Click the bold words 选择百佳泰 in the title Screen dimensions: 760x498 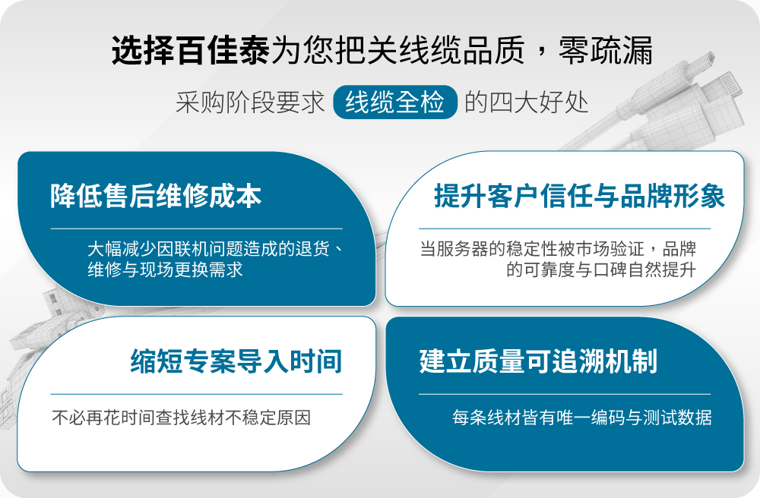191,50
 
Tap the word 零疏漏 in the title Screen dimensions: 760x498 606,50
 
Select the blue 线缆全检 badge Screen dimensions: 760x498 395,102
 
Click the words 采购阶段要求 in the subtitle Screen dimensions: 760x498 250,102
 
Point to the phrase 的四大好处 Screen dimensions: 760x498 527,102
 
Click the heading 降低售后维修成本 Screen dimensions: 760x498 156,196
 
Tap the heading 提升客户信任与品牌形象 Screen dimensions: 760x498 579,196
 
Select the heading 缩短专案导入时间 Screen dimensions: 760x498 236,361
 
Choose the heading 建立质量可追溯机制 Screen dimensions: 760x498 538,361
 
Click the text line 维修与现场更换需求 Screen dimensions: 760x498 165,269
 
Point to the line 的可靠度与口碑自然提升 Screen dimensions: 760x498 601,269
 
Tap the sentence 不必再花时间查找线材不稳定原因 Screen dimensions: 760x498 182,418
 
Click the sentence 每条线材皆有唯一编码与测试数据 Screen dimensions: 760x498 581,418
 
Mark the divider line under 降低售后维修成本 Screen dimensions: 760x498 196,229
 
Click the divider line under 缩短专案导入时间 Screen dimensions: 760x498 196,394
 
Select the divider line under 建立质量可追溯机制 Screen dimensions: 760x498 565,394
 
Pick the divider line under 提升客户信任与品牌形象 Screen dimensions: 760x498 565,229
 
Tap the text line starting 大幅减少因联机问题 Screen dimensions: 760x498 215,249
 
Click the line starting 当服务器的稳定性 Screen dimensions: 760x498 558,249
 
